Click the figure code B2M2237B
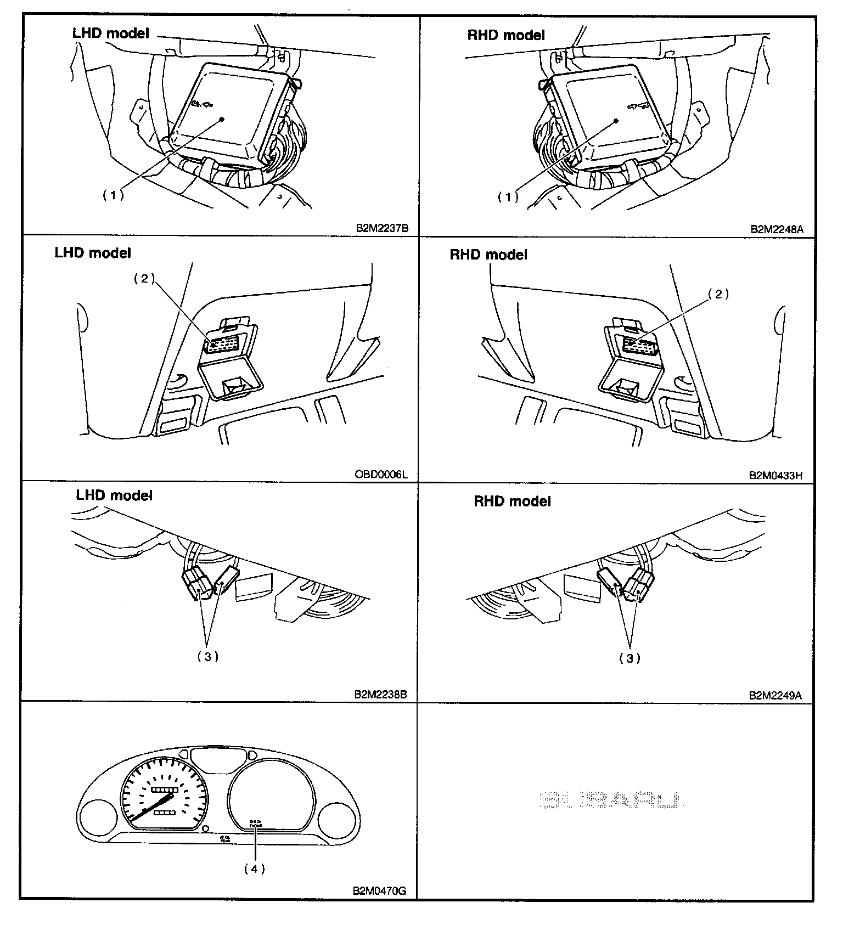click(382, 229)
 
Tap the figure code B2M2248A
click(777, 229)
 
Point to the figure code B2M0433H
click(776, 475)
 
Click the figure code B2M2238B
click(380, 694)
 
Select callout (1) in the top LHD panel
click(114, 195)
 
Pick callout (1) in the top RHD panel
click(508, 197)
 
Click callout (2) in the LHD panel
click(144, 279)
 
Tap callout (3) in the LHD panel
click(208, 657)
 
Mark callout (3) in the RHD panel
click(630, 658)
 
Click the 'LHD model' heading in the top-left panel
click(110, 33)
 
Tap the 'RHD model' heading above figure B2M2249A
click(512, 501)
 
